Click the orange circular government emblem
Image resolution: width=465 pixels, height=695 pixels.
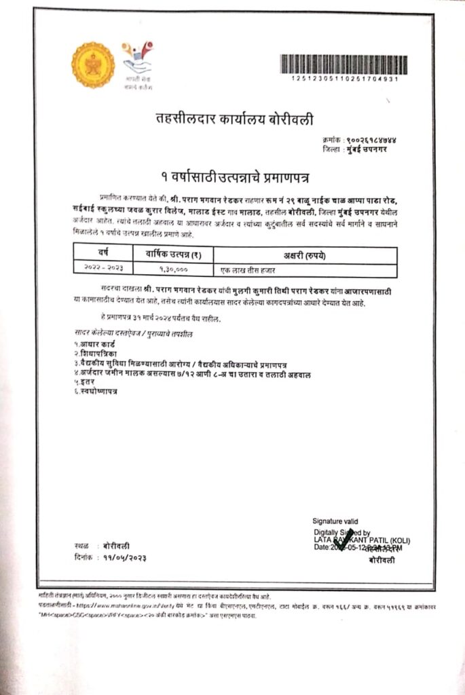(x=93, y=65)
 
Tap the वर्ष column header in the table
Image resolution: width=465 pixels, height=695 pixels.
(x=103, y=256)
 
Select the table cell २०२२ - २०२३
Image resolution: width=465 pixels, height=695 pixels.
(x=103, y=269)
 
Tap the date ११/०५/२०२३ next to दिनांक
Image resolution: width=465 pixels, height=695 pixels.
(x=125, y=557)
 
